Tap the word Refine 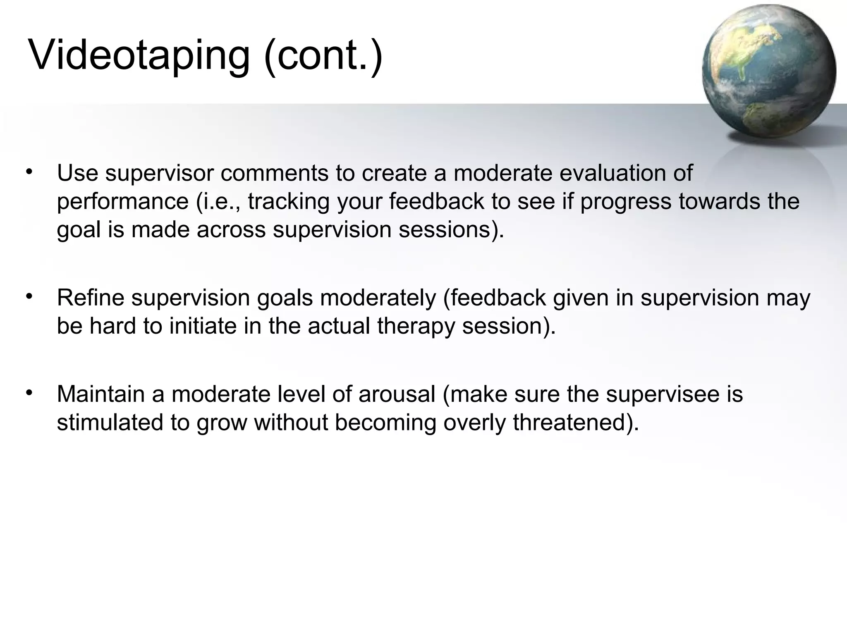(91, 298)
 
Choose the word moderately (378, 298)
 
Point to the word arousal (397, 394)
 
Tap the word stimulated (110, 423)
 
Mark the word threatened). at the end (576, 423)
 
